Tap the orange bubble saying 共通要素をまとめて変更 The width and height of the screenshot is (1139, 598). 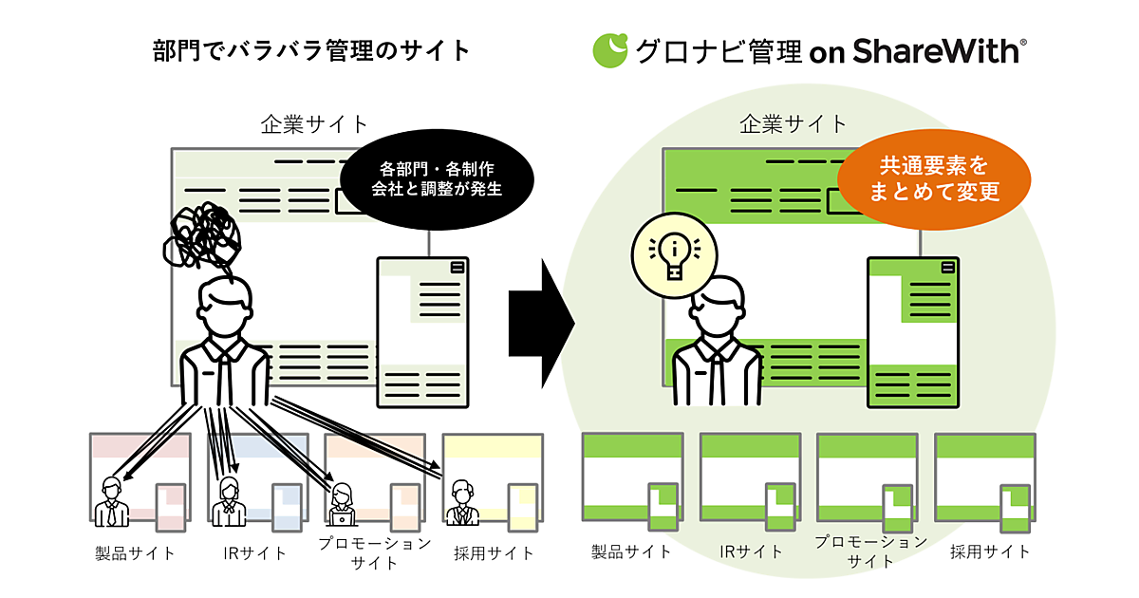point(934,178)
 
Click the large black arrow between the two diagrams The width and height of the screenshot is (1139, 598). point(542,323)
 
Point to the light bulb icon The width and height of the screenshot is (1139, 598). point(674,249)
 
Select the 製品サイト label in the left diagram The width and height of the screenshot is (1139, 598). point(135,553)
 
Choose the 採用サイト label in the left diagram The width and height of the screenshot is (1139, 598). point(494,553)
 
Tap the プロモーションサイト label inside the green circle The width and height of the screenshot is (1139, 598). point(870,551)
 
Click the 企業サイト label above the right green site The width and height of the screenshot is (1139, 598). point(793,123)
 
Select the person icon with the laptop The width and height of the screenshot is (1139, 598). point(343,503)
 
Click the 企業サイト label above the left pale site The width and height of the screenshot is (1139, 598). point(314,123)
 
